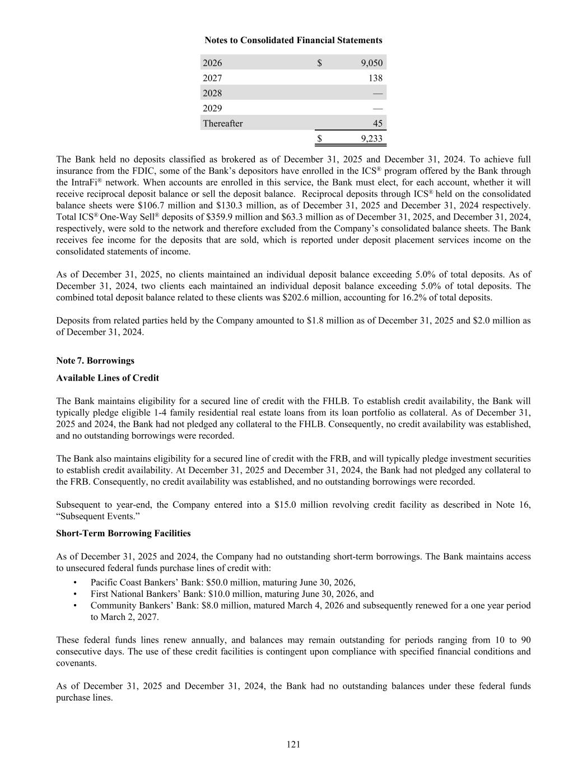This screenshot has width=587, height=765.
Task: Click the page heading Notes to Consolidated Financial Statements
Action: [293, 40]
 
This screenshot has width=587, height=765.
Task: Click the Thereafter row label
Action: [222, 124]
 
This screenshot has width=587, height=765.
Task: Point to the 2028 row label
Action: [212, 94]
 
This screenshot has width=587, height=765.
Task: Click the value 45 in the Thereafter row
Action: [378, 124]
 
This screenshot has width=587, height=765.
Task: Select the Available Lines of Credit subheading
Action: [108, 378]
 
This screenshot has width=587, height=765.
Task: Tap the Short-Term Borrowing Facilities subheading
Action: [123, 534]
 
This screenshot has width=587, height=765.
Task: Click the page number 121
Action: [293, 744]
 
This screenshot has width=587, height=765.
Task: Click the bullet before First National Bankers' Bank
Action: [75, 594]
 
